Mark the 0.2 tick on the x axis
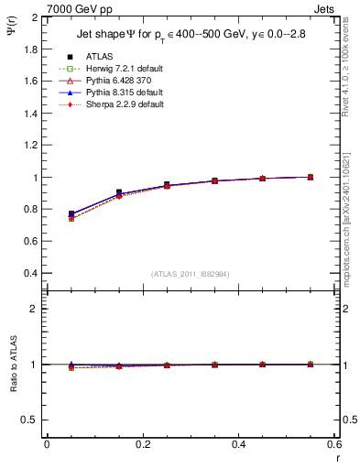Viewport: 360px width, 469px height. pos(142,444)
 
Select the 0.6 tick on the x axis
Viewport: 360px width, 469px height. pos(334,444)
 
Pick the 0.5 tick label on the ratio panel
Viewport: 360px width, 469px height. pos(30,420)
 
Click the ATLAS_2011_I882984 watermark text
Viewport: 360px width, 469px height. pos(190,274)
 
